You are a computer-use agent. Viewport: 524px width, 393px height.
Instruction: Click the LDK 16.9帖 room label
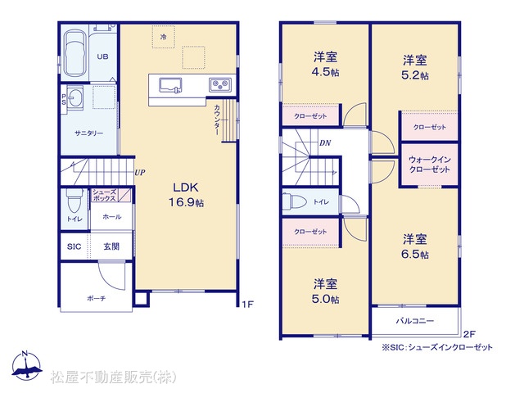click(x=186, y=195)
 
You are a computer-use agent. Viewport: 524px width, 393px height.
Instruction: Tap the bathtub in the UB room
click(x=75, y=53)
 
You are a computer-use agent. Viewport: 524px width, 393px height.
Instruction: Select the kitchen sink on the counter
click(x=170, y=85)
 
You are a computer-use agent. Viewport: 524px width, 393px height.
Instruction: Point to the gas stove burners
click(x=220, y=84)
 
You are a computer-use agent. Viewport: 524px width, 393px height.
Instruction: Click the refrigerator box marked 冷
click(x=164, y=37)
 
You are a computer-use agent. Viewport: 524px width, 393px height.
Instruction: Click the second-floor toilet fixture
click(x=295, y=201)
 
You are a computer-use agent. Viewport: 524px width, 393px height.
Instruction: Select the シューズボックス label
click(x=104, y=195)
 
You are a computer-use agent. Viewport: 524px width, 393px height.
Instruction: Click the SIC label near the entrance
click(x=74, y=246)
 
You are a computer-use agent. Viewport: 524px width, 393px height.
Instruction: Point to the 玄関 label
click(x=111, y=246)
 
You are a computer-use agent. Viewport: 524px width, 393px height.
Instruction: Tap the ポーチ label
click(x=97, y=298)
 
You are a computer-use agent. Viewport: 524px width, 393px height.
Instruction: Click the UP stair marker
click(x=140, y=173)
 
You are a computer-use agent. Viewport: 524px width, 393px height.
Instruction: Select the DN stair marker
click(x=325, y=143)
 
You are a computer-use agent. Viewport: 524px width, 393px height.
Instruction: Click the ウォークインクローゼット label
click(x=429, y=165)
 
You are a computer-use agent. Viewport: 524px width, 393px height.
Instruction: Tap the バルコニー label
click(x=415, y=321)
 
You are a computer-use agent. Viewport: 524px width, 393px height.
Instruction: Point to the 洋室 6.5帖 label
click(x=415, y=246)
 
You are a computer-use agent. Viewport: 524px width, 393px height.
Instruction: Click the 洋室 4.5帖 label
click(x=325, y=64)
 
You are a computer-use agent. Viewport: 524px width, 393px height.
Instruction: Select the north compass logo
click(x=26, y=366)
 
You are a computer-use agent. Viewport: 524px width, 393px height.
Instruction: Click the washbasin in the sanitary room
click(x=75, y=97)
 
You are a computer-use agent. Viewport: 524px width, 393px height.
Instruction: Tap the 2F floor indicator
click(x=469, y=333)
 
